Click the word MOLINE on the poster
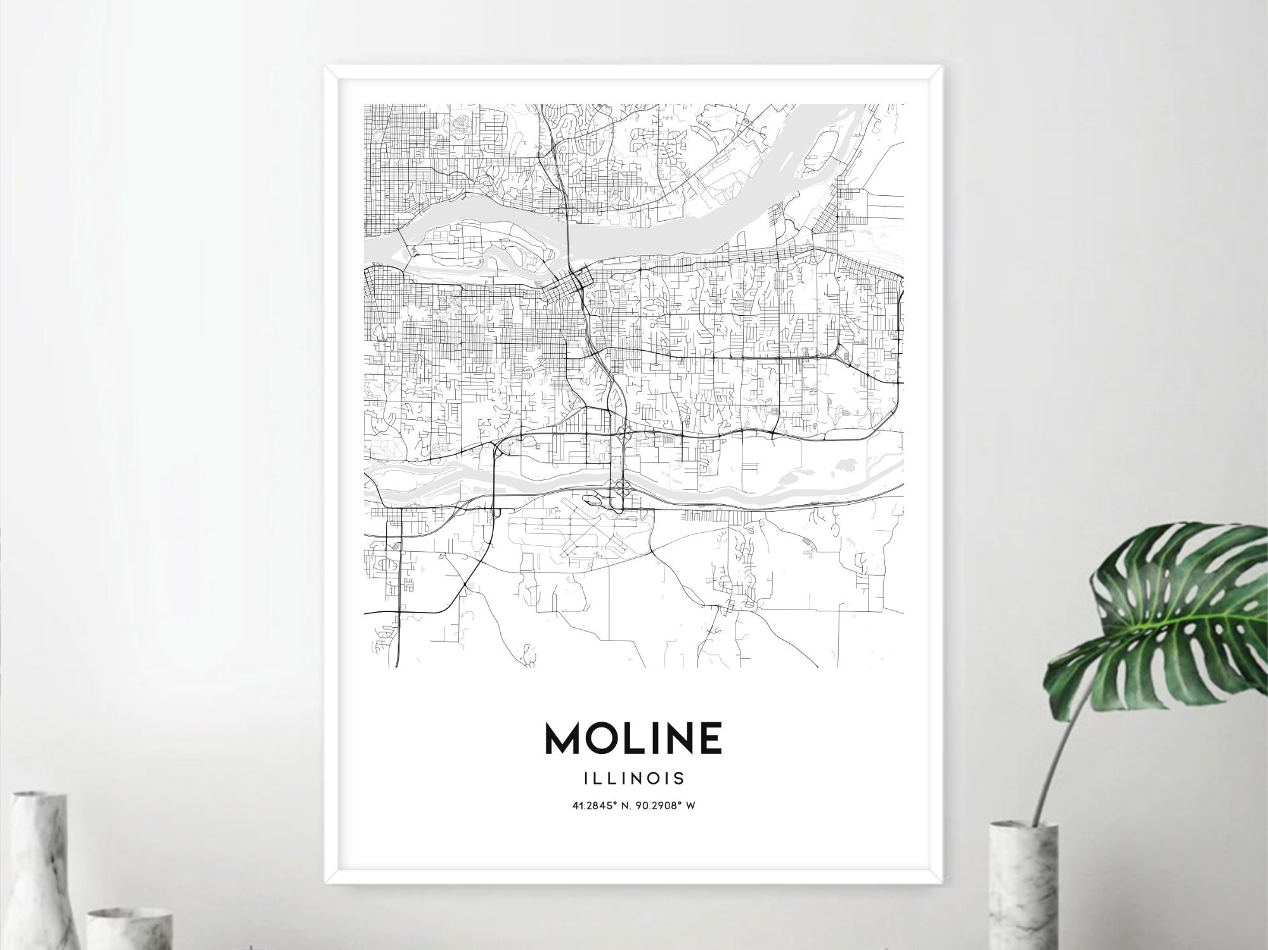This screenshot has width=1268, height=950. coord(633,738)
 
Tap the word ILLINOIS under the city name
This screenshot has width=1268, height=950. coord(633,777)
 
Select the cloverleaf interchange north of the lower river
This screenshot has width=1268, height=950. coord(623,433)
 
